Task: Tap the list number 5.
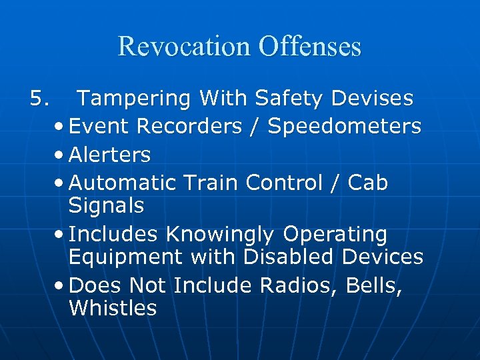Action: (x=39, y=99)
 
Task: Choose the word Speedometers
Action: (x=345, y=126)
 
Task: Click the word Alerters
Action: (x=109, y=155)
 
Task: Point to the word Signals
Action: (x=106, y=206)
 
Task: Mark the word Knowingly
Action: (x=219, y=235)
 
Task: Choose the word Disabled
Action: (x=305, y=256)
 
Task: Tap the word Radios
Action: (x=301, y=285)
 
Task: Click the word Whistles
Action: (x=112, y=308)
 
